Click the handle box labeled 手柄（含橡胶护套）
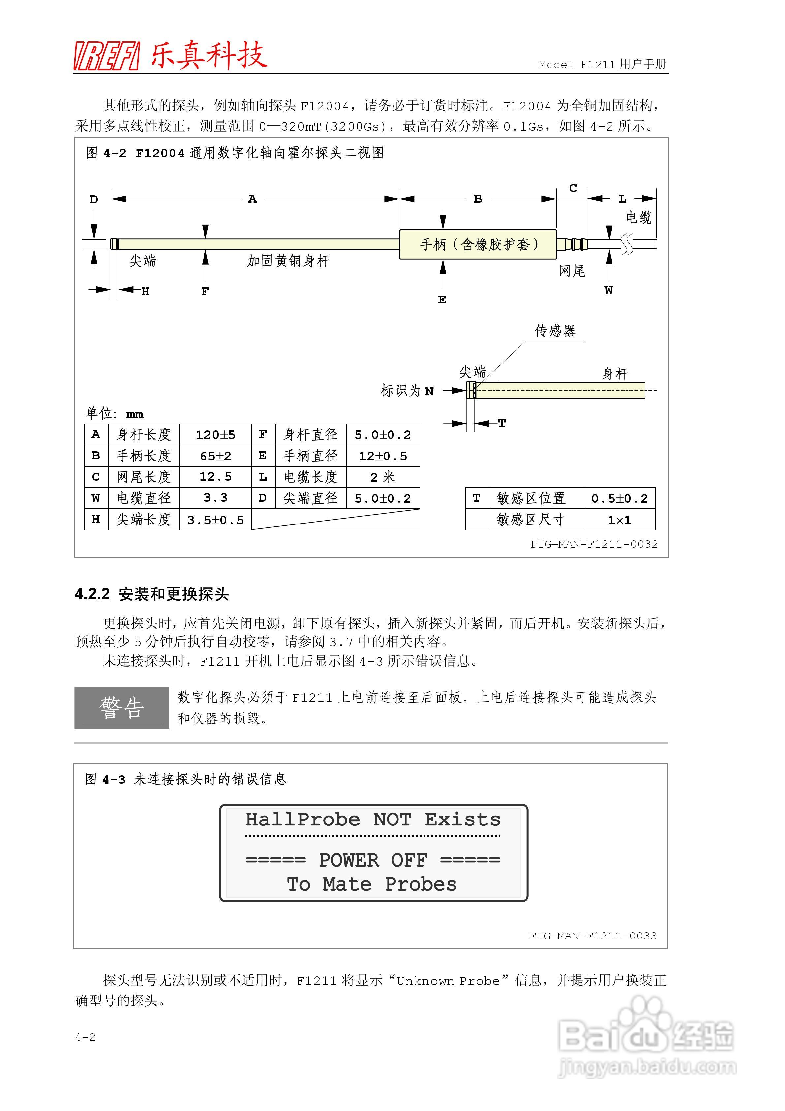[x=478, y=244]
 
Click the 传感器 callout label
[x=555, y=331]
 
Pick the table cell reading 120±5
[x=215, y=434]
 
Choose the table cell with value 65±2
[x=215, y=456]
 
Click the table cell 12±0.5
[x=383, y=456]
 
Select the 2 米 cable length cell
[x=383, y=477]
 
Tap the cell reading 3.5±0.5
[x=215, y=520]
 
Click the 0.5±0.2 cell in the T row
[x=619, y=498]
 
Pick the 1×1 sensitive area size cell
[x=619, y=520]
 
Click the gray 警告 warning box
[x=121, y=708]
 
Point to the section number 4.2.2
[x=92, y=594]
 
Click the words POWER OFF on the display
[x=373, y=860]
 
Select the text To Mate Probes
[x=372, y=884]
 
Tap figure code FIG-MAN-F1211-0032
[x=594, y=544]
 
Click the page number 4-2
[x=85, y=1037]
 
